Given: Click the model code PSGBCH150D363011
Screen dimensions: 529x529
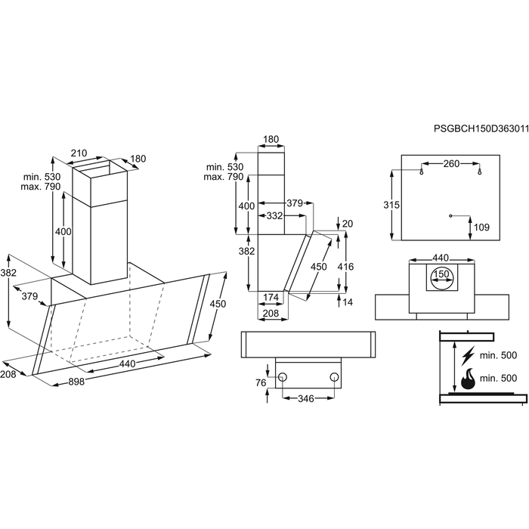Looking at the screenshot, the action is click(x=481, y=128).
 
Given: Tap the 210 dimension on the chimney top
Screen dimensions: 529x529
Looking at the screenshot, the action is click(x=79, y=153).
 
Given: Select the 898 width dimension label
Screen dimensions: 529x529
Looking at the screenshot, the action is click(x=76, y=382).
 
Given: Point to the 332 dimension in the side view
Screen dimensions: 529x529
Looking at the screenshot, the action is click(x=274, y=215).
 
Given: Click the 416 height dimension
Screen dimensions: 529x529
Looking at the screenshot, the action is click(x=346, y=267).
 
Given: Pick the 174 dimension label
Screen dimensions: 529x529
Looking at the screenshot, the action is click(x=271, y=297).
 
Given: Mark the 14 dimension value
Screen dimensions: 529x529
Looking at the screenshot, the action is click(x=347, y=302).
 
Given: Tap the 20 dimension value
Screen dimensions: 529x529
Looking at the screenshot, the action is click(x=348, y=224).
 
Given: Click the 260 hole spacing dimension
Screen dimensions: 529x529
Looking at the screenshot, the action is click(x=451, y=164).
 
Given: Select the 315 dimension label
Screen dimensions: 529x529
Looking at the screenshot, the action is click(x=391, y=205).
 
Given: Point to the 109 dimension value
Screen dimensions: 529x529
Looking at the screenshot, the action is click(x=481, y=227).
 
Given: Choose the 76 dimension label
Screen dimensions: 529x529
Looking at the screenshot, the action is click(x=261, y=382).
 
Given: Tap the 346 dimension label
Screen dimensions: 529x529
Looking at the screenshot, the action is click(x=306, y=398).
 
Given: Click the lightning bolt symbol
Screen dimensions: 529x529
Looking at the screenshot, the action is click(x=468, y=355).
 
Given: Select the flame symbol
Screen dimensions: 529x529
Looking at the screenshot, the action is click(x=468, y=379).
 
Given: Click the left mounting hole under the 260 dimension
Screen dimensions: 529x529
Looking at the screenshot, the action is click(x=421, y=173).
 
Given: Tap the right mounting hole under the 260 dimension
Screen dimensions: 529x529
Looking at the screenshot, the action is click(x=480, y=173).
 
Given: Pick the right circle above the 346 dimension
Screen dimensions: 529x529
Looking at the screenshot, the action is click(x=334, y=376).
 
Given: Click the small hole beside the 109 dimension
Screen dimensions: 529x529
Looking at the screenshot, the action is click(x=450, y=215).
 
